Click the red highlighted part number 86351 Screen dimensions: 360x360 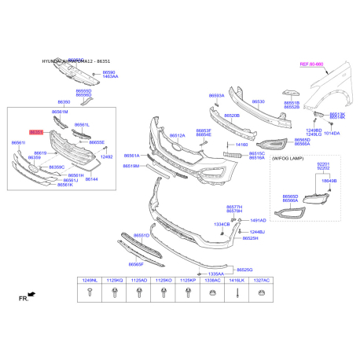tap(38, 133)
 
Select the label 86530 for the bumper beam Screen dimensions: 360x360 tap(258, 102)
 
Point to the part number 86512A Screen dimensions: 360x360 tap(176, 136)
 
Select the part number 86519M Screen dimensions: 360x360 tap(131, 167)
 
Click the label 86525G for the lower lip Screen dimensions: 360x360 tap(244, 270)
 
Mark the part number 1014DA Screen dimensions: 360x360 tap(332, 134)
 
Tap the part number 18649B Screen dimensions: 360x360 tap(329, 181)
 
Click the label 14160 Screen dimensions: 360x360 tap(241, 145)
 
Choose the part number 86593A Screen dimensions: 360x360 tap(216, 96)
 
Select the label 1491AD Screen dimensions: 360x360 tap(258, 221)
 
